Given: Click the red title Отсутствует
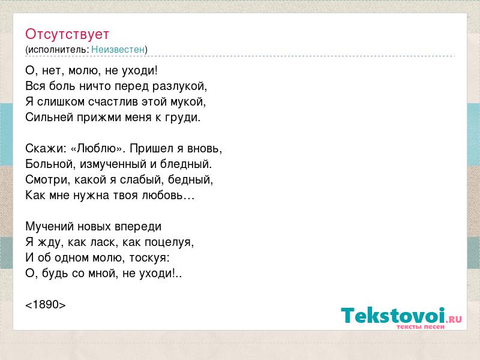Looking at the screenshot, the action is coord(67,34).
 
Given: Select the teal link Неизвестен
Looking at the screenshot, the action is coord(118,50).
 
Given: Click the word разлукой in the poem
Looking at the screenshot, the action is coord(179,86).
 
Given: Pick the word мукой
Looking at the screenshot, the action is coord(188,102).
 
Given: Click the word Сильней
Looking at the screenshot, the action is coord(49,117).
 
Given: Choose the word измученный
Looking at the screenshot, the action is coord(113,164).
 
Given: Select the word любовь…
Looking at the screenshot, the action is coord(169,196).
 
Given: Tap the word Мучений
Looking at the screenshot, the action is coord(50,227).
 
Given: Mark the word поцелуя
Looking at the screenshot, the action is coord(169,242).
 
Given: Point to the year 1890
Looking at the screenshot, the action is coord(46,305).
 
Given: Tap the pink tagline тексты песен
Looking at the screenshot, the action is coord(421,327).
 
